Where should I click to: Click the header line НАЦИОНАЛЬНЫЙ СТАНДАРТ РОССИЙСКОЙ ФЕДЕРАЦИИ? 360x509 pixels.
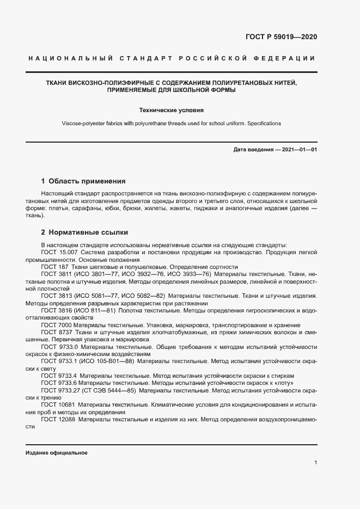click(171, 58)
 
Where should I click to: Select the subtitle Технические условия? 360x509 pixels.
click(171, 109)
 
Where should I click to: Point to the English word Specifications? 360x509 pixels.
click(264, 124)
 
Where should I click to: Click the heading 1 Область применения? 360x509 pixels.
click(83, 181)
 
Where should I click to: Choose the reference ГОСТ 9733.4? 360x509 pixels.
click(59, 376)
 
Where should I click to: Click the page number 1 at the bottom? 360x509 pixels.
click(315, 463)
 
